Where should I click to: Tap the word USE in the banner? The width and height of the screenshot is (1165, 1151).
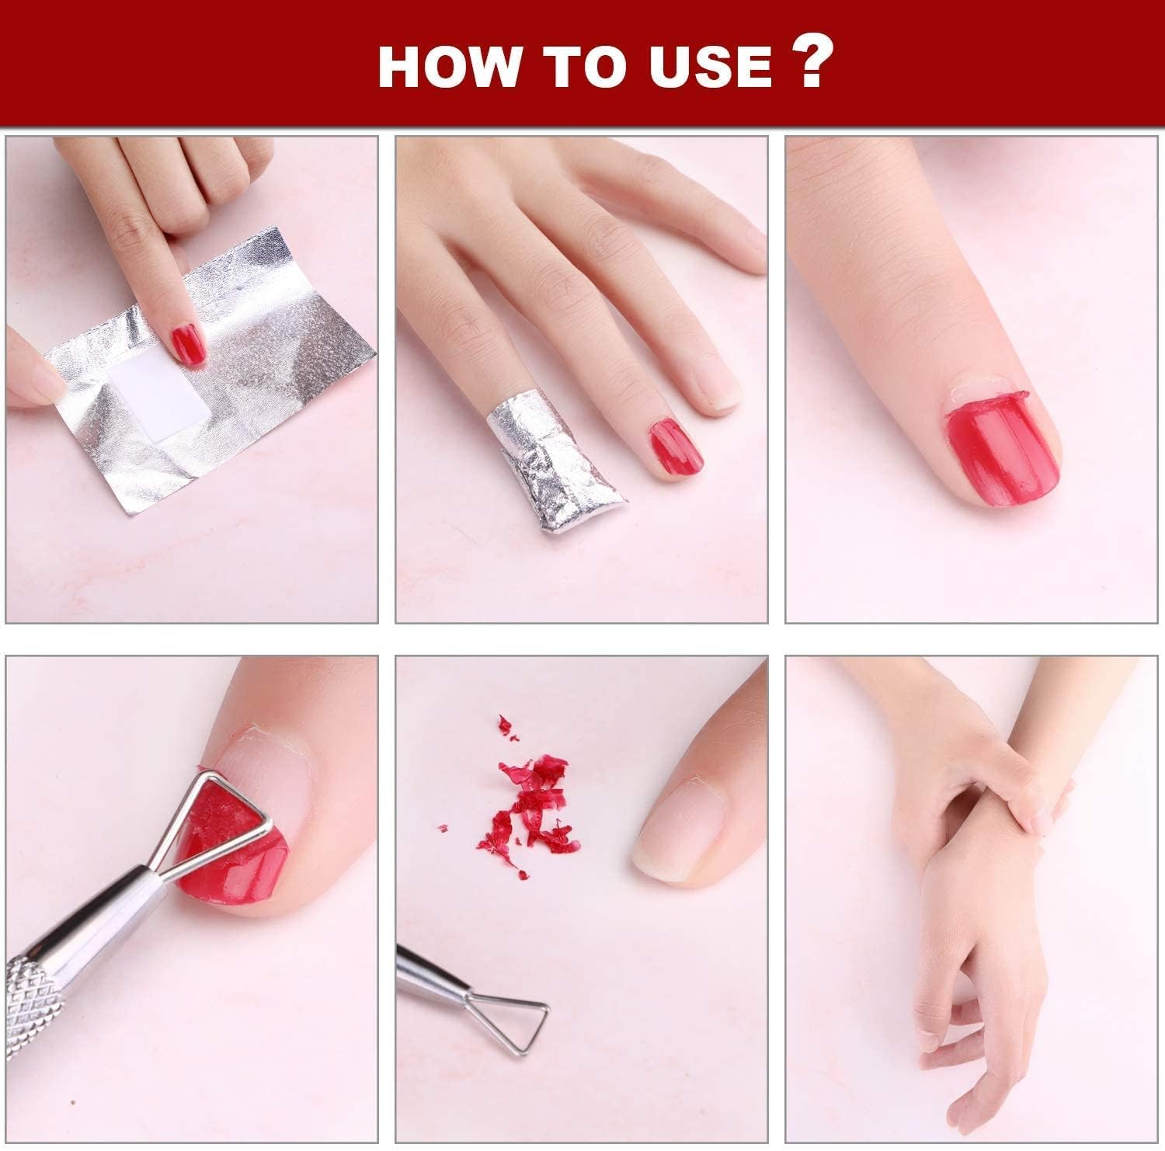click(x=711, y=66)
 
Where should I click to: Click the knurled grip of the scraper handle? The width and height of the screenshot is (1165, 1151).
click(x=31, y=1002)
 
